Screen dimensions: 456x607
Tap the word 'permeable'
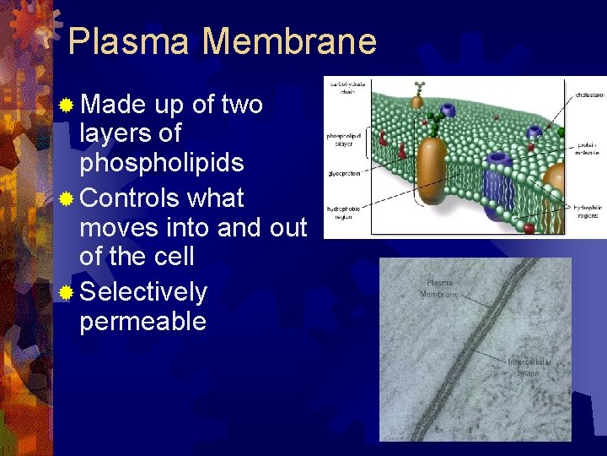tap(142, 322)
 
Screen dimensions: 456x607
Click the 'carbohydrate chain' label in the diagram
tap(346, 88)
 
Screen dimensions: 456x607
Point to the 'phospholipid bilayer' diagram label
tap(345, 140)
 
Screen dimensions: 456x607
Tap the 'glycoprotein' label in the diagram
tap(345, 174)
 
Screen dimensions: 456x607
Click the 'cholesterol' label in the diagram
tap(589, 96)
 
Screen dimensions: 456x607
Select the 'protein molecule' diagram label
tap(589, 149)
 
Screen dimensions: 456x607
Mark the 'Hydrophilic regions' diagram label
tap(589, 210)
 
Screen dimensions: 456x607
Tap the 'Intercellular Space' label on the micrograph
tap(529, 367)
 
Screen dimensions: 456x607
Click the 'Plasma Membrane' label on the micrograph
tap(440, 289)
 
